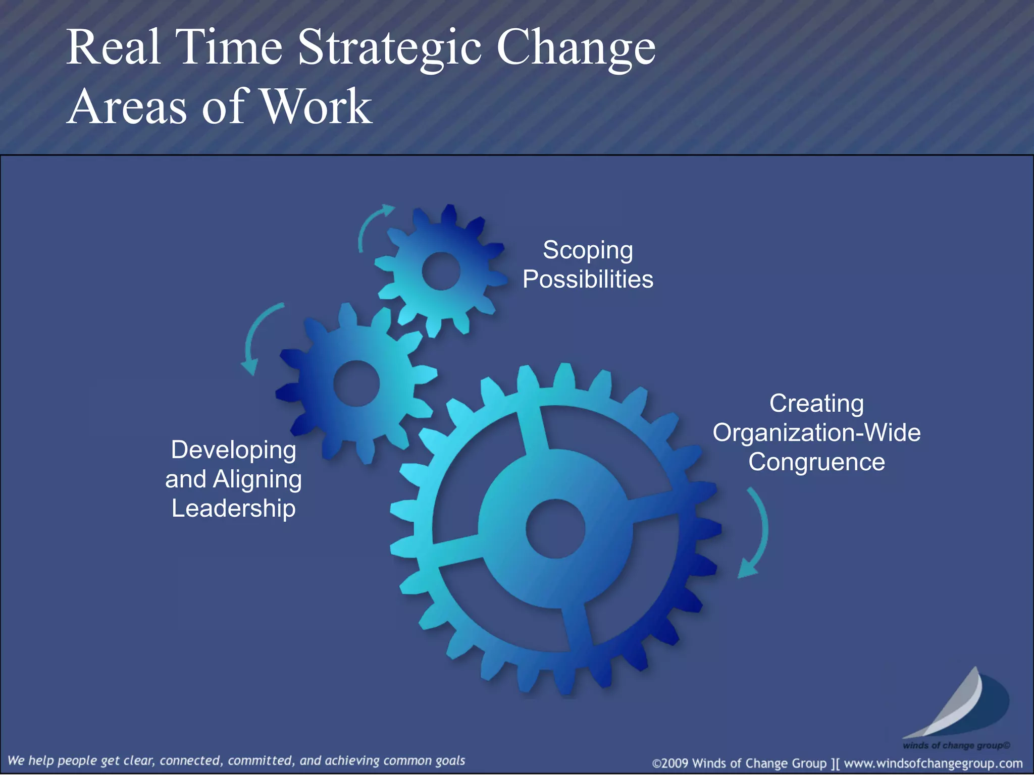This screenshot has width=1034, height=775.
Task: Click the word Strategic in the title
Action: point(389,48)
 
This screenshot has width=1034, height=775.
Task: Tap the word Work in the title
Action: point(317,107)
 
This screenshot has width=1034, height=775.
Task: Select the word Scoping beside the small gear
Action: point(588,251)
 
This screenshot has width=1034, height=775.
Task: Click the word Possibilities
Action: point(588,280)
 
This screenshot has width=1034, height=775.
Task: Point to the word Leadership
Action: point(233,508)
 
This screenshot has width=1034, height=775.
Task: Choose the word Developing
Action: point(233,450)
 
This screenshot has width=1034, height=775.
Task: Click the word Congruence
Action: point(816,462)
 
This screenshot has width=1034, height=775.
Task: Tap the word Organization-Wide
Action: point(816,433)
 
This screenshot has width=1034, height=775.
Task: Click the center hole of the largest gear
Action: point(555,529)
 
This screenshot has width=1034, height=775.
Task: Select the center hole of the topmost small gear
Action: point(441,271)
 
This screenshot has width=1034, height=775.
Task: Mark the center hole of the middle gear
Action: point(356,383)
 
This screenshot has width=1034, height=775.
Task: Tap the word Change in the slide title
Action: point(576,48)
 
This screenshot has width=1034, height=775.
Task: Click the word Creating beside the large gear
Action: point(816,404)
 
